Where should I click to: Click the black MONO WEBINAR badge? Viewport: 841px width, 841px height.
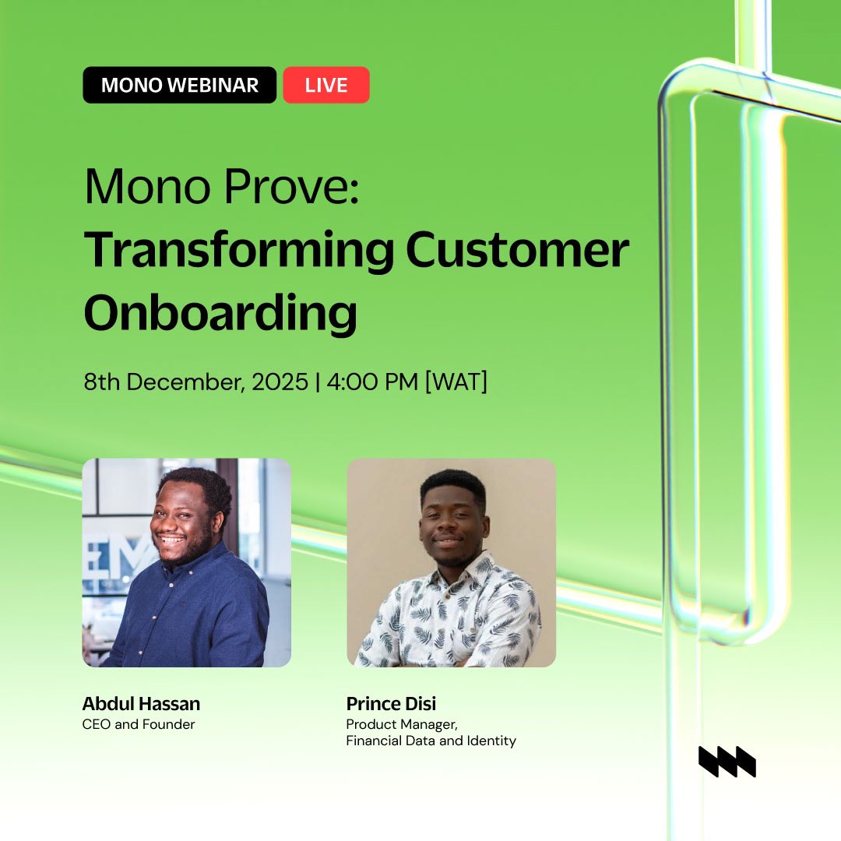click(179, 85)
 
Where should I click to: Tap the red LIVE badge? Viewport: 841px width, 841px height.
click(325, 85)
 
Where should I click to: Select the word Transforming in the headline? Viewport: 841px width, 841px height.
click(238, 251)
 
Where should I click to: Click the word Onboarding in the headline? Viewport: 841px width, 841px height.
click(220, 313)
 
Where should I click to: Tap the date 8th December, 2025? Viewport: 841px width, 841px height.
click(196, 382)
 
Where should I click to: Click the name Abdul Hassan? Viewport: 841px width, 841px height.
click(141, 704)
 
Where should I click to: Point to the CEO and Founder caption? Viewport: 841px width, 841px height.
click(138, 724)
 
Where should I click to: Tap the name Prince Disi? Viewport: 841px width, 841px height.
click(391, 704)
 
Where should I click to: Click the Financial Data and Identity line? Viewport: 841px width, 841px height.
click(431, 741)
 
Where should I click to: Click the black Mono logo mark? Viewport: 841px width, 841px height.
click(727, 761)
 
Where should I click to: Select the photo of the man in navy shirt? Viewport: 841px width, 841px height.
click(187, 562)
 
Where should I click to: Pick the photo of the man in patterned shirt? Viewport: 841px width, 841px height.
click(451, 562)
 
